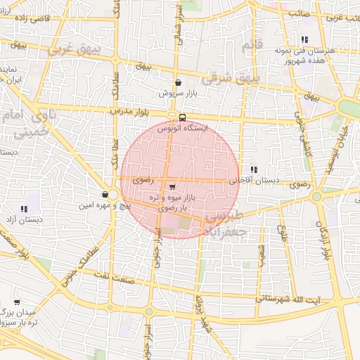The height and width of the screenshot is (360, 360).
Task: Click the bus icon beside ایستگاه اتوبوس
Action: coord(183,117)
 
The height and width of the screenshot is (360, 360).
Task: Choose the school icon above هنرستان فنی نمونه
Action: coord(304,40)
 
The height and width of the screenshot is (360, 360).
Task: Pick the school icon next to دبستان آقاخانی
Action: coord(253,169)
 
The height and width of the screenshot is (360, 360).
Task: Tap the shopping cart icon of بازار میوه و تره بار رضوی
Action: coord(173,186)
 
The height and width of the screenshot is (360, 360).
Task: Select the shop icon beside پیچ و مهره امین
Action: coord(105,194)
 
